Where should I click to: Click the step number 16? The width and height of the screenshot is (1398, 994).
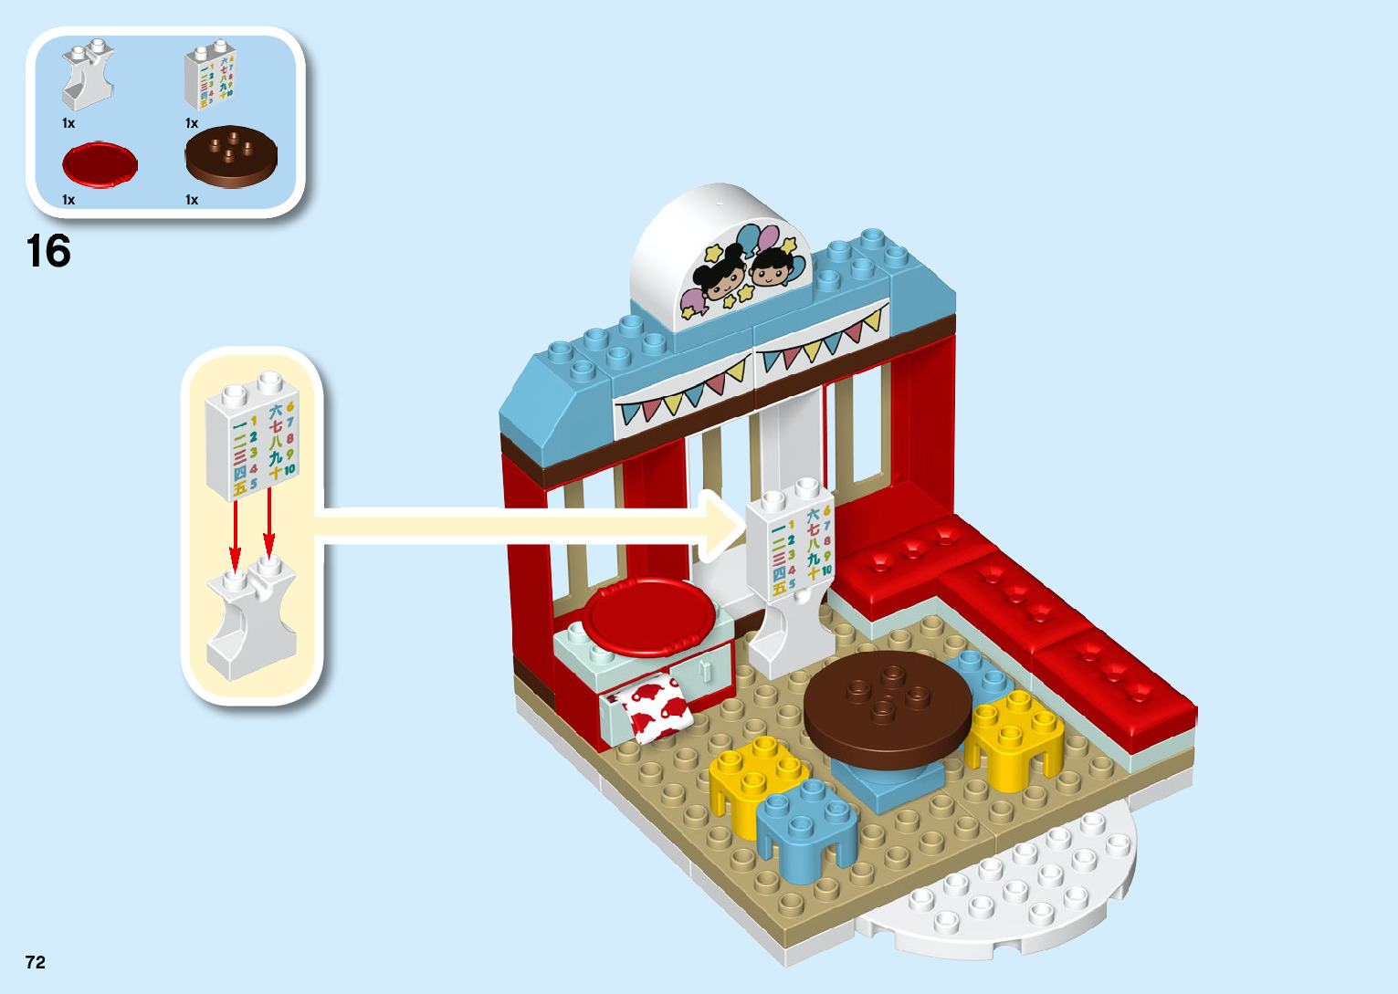click(48, 251)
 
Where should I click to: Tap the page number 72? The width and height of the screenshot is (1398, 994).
click(36, 962)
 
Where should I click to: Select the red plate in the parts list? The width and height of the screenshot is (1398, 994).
click(100, 165)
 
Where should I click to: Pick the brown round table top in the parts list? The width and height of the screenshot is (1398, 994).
click(231, 156)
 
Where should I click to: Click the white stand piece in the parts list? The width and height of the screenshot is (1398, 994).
click(88, 78)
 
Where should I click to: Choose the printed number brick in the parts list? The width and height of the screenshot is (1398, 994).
click(211, 75)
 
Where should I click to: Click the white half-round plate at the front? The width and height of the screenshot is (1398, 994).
click(1014, 890)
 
